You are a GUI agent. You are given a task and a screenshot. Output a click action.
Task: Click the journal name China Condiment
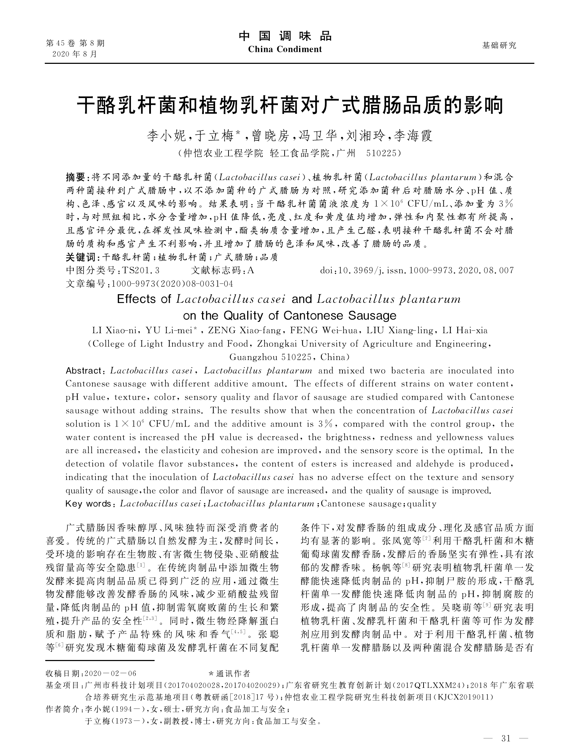[285, 49]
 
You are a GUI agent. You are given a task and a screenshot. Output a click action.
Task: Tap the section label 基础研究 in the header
[499, 46]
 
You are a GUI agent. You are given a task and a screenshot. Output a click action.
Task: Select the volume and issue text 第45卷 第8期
[75, 44]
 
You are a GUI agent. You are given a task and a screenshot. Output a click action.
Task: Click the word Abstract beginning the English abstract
[84, 371]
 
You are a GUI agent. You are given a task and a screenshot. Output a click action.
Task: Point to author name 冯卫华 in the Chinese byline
[320, 136]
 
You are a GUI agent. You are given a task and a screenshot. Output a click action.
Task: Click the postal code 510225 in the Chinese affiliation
[383, 153]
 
